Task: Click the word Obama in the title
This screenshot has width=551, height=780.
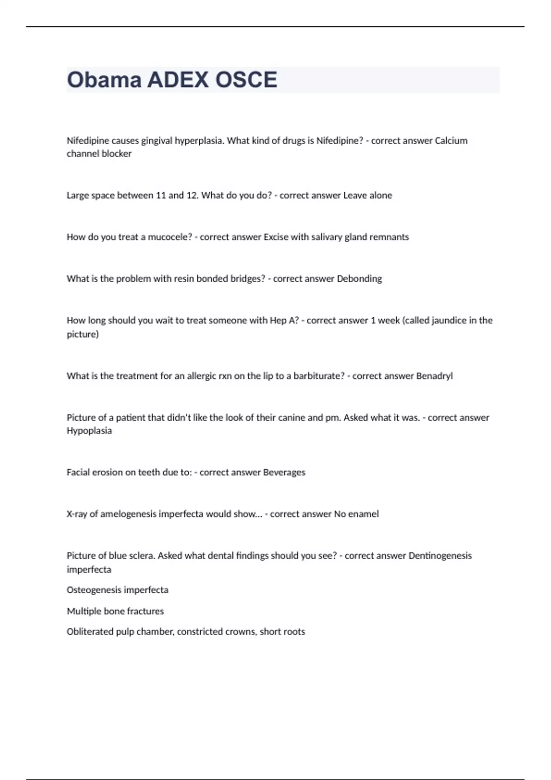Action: click(x=104, y=80)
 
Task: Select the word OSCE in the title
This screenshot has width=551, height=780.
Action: click(x=246, y=80)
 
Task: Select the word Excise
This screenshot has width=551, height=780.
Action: click(x=275, y=237)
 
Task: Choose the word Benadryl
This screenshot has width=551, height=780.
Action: click(x=434, y=376)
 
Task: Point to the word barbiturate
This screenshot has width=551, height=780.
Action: click(x=319, y=376)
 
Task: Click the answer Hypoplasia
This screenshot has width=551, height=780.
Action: click(x=89, y=430)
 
